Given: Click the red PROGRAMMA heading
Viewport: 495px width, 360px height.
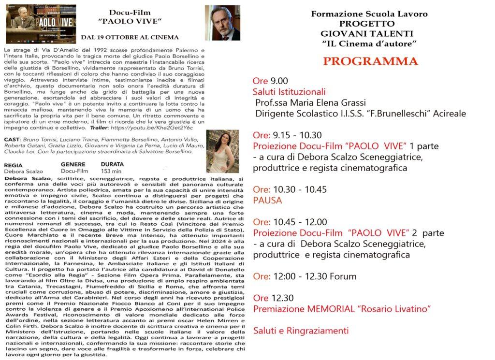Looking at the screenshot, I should coord(370,61).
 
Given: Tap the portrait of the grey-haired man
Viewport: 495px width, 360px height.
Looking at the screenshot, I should coord(222,23).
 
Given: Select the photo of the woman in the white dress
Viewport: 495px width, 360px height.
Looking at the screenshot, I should coord(222,151).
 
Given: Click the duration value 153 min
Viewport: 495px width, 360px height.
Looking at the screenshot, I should coord(111,171).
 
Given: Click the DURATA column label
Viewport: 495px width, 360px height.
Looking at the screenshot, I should coord(112,164).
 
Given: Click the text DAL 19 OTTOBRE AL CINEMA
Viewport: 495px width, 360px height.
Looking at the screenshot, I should coord(130,37).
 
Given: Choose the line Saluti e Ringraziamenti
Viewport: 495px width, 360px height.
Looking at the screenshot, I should coord(301,331).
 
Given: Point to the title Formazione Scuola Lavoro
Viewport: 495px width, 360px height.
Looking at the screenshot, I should coord(369,14).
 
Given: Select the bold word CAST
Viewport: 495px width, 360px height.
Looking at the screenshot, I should coord(12,139).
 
